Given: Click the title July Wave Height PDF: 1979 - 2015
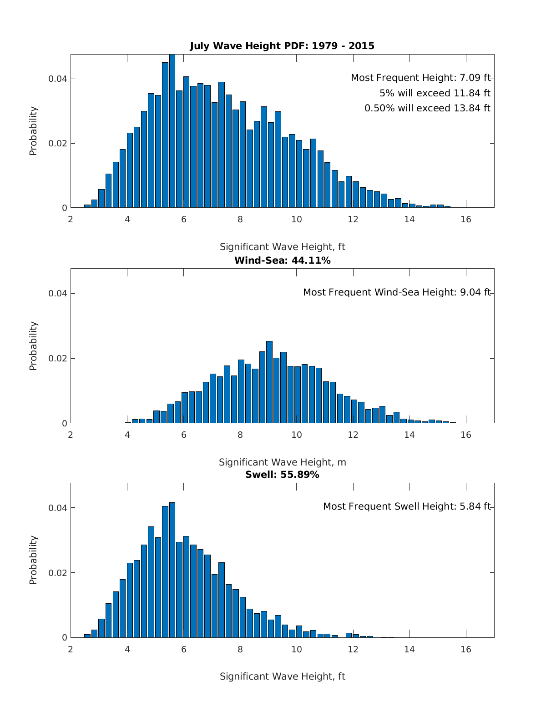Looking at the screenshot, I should [x=282, y=46].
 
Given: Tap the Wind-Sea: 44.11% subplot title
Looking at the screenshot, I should [x=282, y=260].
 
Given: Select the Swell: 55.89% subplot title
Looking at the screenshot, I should [x=282, y=475].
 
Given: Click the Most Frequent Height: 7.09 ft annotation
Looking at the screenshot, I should [x=420, y=78].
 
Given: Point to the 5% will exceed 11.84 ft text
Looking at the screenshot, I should [x=435, y=93].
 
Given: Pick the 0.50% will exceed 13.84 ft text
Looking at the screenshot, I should [x=427, y=108].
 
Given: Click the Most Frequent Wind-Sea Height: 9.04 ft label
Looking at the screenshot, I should [x=397, y=292].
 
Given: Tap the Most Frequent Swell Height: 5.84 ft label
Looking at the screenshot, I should [x=407, y=506].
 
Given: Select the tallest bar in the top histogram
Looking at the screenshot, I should [x=172, y=132].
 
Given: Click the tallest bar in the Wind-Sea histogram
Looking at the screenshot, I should [x=269, y=382].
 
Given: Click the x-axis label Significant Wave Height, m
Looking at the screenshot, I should [x=282, y=462].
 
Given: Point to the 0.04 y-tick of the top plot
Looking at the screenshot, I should [x=58, y=79].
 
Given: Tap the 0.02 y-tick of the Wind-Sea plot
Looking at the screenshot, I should [x=58, y=358].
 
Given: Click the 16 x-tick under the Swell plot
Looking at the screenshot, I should [x=466, y=649].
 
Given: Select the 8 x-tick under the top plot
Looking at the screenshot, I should [x=240, y=219].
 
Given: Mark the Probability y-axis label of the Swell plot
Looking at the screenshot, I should [x=33, y=560].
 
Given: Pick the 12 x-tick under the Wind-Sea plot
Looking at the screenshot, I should [x=353, y=434].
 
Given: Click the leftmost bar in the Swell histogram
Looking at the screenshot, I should [x=87, y=636].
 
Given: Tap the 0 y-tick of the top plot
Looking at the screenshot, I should [x=65, y=208].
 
